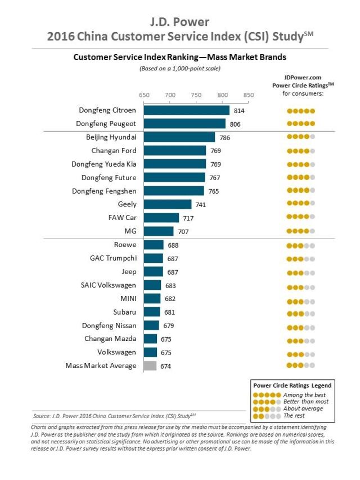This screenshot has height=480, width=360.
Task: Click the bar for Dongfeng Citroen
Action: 187,110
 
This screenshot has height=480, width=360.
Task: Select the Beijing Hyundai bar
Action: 179,137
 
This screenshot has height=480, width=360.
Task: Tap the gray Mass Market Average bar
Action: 150,366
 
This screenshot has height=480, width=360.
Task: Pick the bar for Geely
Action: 168,204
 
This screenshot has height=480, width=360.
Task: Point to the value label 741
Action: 201,205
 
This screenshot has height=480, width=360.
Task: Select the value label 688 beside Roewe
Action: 173,245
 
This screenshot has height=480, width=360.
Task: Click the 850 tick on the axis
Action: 249,95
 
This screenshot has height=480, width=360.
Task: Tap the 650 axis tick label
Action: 144,95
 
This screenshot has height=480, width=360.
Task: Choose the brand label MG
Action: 130,231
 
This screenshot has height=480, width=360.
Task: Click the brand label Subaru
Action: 124,312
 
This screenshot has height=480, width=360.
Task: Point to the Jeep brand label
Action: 129,271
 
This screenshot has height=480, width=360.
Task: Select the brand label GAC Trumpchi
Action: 113,258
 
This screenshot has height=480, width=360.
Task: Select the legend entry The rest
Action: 295,416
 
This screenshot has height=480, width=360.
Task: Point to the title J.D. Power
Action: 180,22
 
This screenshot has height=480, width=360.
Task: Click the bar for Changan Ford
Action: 175,151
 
